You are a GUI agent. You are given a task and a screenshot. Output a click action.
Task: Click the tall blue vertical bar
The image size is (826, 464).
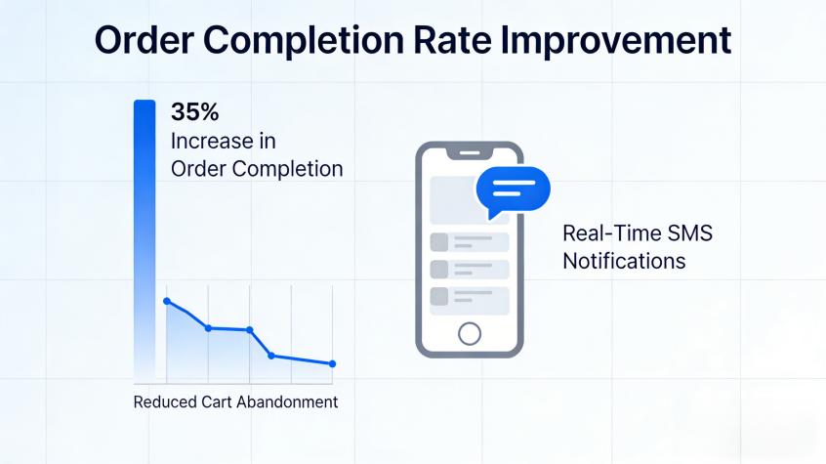[144, 234]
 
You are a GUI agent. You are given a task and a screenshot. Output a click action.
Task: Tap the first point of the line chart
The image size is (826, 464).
[167, 301]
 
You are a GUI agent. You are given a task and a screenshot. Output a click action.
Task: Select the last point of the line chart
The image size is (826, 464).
[333, 364]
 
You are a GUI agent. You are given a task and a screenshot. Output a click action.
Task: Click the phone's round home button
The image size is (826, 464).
[470, 334]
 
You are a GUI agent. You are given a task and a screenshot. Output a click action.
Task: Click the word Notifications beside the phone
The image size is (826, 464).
[624, 261]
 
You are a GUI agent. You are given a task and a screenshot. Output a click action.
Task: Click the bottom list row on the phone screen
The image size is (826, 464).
[470, 298]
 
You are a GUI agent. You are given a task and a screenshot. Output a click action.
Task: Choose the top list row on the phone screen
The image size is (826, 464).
[470, 241]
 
